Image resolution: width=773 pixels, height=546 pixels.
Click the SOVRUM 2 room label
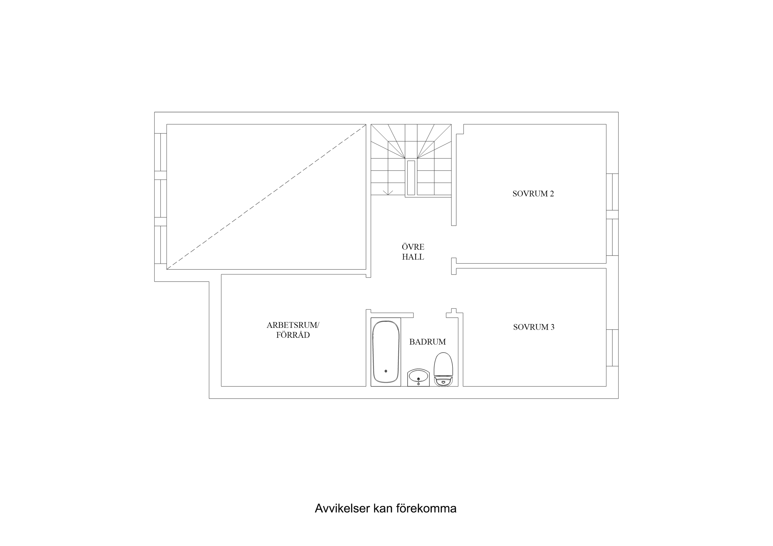tap(533, 194)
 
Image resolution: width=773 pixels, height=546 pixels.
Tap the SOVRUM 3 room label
tap(534, 327)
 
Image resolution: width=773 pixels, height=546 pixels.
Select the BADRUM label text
tap(427, 342)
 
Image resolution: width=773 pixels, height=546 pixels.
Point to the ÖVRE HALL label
tap(413, 252)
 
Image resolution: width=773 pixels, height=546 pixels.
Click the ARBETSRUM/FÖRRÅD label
tap(293, 330)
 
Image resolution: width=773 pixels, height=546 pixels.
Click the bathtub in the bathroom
tap(386, 352)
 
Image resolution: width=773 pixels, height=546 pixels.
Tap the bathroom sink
tap(418, 378)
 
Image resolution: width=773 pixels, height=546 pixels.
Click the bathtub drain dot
tap(386, 371)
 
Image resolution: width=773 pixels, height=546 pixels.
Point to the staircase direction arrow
tap(388, 193)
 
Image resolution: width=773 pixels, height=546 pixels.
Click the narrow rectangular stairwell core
tap(411, 178)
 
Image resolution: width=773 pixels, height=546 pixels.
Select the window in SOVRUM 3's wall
tap(612, 348)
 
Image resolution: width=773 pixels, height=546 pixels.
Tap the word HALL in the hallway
tap(413, 257)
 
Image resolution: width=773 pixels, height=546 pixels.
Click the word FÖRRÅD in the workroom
tap(293, 335)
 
